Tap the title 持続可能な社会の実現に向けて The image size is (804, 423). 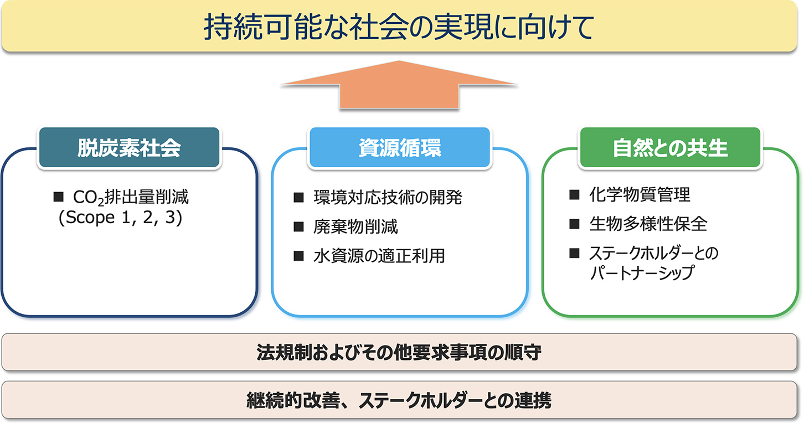point(399,28)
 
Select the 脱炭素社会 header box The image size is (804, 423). point(129,147)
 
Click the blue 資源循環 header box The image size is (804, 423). point(399,147)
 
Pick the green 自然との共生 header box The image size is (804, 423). point(670,147)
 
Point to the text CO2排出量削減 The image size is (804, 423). point(131,198)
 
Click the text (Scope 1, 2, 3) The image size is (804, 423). point(120,218)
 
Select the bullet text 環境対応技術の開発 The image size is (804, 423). point(388,197)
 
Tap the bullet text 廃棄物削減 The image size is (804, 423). point(355,227)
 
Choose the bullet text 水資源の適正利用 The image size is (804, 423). point(379,256)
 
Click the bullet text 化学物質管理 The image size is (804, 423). point(640,195)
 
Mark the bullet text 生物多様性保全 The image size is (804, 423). point(648,224)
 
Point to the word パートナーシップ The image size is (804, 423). point(642,273)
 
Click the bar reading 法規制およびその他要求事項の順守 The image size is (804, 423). point(399,352)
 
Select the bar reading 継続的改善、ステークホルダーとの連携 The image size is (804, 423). point(399,400)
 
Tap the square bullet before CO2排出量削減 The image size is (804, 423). point(59,197)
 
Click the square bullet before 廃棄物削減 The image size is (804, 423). point(298,227)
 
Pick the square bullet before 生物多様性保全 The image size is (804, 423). point(574,224)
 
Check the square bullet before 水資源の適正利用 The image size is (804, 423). point(298,256)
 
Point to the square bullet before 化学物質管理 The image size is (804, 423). point(574,195)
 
